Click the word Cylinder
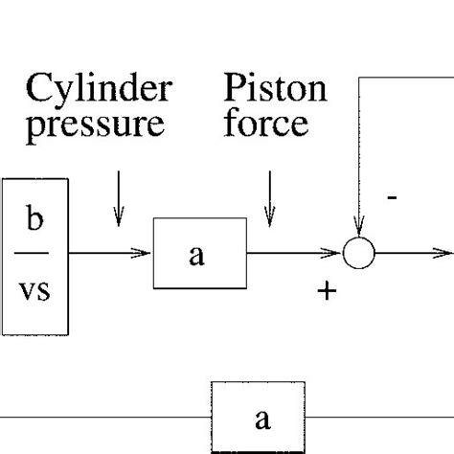(99, 91)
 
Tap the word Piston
(276, 91)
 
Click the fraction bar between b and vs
(34, 253)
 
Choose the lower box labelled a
(260, 418)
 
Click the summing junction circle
(359, 254)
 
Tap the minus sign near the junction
(392, 198)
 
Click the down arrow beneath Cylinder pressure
(118, 201)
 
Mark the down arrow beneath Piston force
(270, 201)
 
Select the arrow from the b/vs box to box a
(110, 254)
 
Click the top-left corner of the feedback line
(359, 78)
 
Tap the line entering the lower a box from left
(105, 418)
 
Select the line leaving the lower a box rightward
(383, 418)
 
